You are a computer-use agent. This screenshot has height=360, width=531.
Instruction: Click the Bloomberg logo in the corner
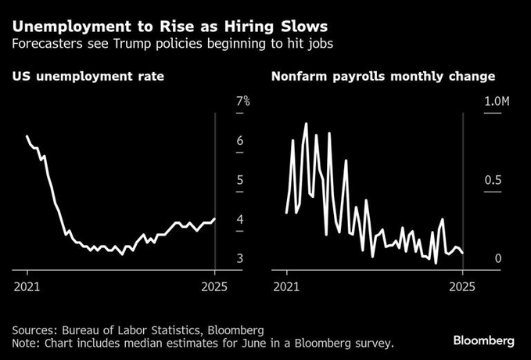484,340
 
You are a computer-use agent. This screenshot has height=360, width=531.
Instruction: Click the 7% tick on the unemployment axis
242,102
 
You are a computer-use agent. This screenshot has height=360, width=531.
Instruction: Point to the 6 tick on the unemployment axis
239,141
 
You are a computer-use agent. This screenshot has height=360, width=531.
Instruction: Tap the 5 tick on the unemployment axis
239,181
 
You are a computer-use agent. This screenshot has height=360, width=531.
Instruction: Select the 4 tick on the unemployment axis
239,220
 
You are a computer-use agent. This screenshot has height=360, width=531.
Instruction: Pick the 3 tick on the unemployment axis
239,259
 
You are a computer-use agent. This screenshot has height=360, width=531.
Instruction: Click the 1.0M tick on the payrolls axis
497,102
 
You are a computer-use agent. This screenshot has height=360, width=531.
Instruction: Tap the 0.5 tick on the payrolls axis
493,181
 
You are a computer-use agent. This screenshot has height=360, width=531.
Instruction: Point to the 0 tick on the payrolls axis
486,259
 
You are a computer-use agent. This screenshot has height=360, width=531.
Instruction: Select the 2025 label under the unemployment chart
214,286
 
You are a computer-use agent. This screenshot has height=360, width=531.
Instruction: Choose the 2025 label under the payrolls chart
463,286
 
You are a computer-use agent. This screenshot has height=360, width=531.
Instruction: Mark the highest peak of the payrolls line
306,124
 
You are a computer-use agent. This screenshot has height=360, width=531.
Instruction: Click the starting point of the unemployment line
27,136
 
